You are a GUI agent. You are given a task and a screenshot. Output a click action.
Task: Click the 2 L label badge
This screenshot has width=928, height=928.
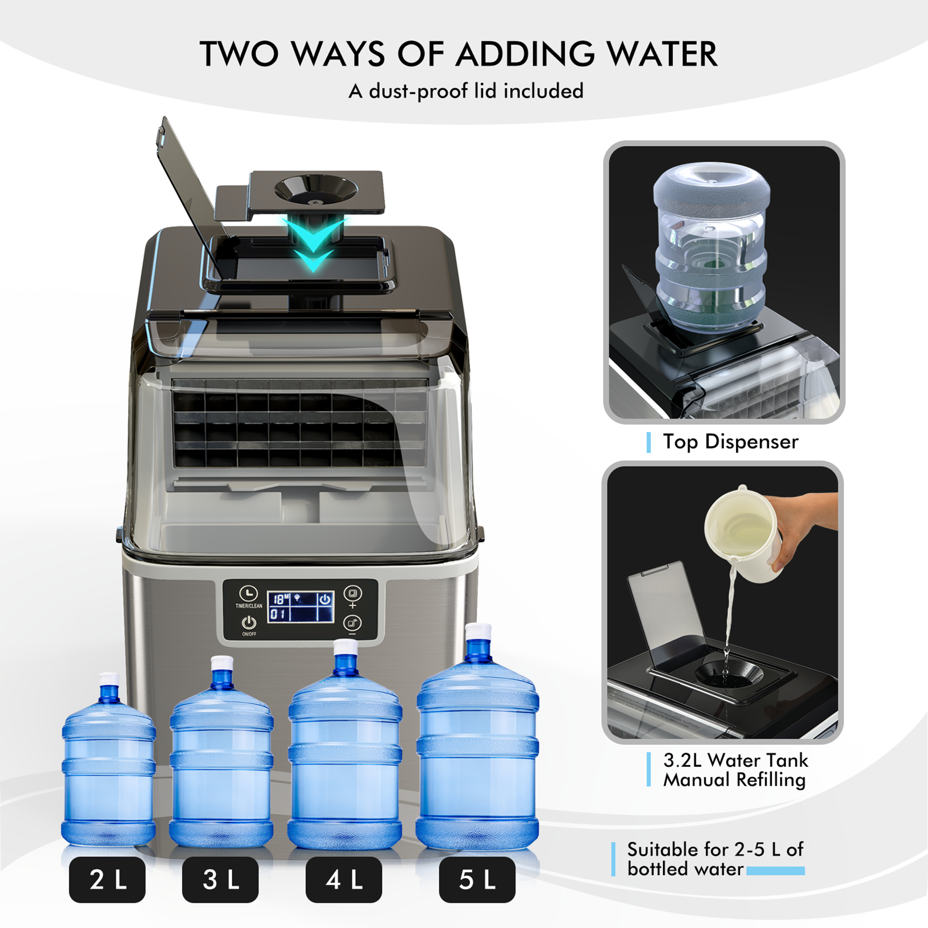tap(107, 879)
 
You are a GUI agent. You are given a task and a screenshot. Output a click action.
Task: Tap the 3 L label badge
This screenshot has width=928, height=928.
tap(220, 879)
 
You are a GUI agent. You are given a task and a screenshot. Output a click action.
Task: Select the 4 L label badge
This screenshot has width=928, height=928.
tap(344, 879)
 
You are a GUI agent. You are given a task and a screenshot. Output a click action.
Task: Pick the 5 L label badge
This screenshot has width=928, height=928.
tap(477, 879)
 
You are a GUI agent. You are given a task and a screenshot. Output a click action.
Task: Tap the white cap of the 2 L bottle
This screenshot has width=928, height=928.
tap(109, 679)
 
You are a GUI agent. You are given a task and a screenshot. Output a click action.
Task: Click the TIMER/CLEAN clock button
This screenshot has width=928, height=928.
tap(248, 594)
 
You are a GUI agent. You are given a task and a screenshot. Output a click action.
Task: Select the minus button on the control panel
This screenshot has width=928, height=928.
tap(353, 624)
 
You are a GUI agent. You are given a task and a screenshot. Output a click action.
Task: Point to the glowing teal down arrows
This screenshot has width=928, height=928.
tap(313, 245)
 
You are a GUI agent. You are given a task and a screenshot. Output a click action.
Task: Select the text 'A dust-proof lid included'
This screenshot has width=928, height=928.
tap(466, 91)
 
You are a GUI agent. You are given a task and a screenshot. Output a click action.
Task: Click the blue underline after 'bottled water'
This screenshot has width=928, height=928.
tap(775, 871)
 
